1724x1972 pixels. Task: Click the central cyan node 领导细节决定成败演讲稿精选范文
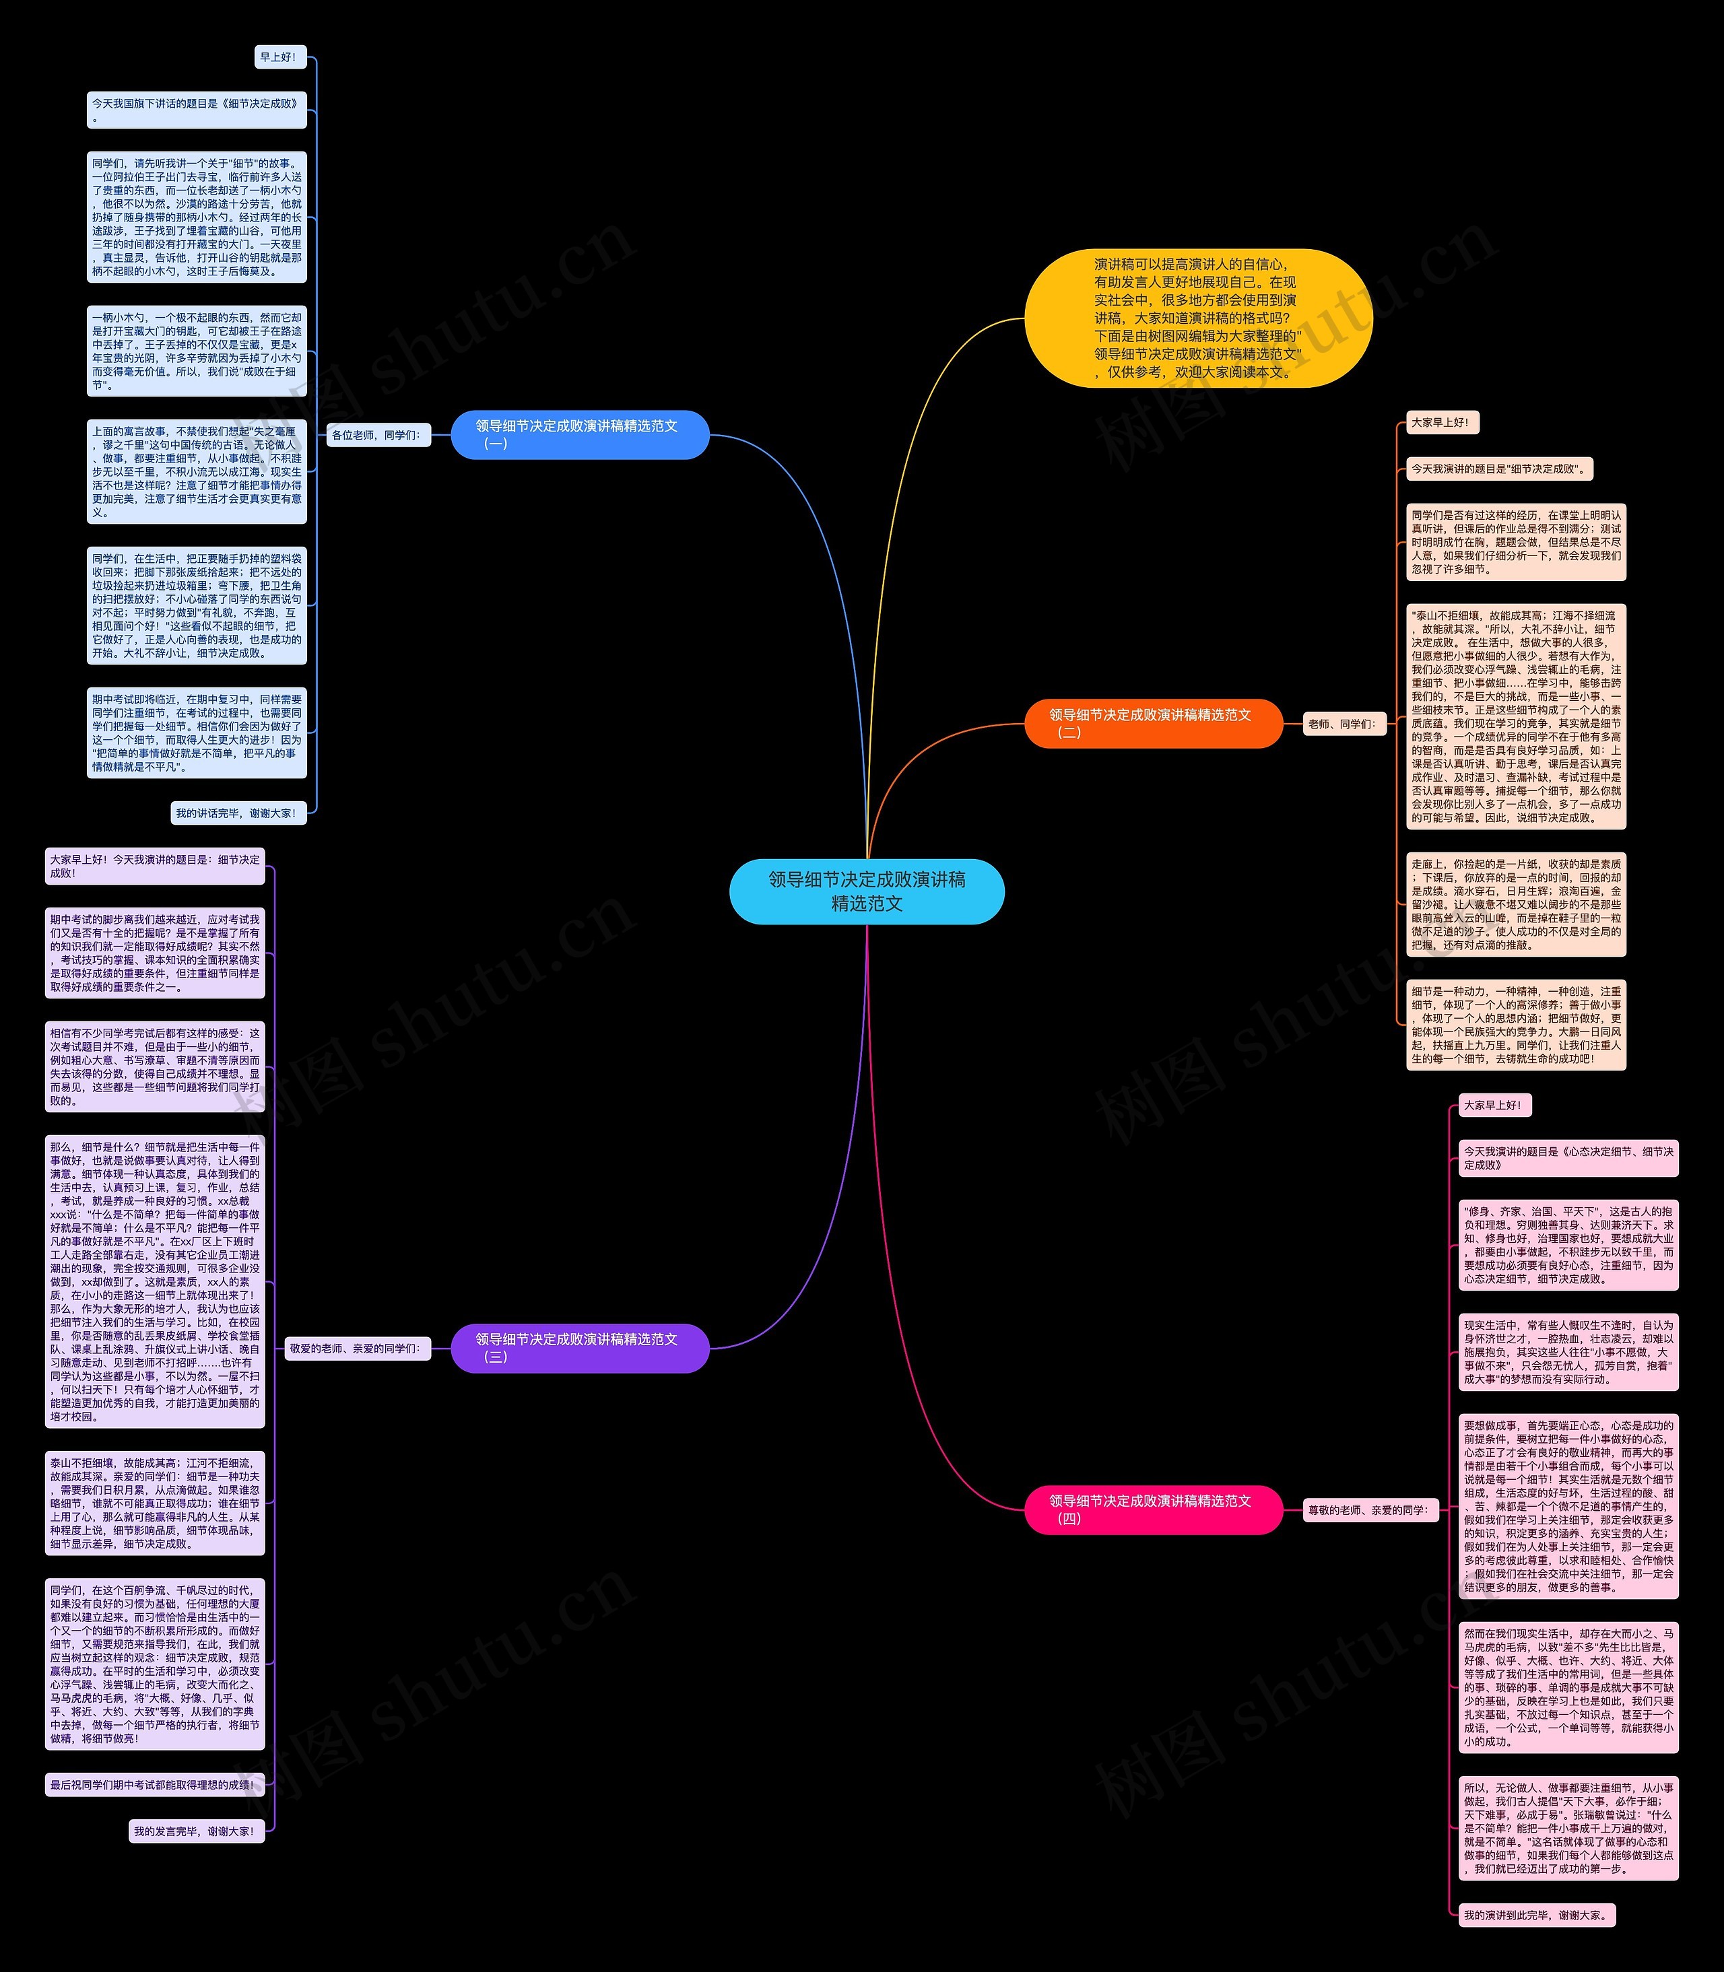click(x=867, y=891)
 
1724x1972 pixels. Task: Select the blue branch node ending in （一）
click(x=579, y=435)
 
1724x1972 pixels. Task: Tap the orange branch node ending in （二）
click(x=1152, y=723)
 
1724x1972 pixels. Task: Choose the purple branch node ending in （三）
click(x=579, y=1348)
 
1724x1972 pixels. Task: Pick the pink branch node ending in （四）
click(x=1152, y=1509)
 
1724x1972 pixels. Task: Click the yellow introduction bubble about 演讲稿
click(x=1198, y=318)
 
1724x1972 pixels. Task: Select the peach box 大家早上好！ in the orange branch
click(x=1440, y=422)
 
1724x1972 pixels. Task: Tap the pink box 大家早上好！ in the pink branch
click(x=1493, y=1106)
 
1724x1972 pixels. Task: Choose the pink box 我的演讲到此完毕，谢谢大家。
click(x=1536, y=1915)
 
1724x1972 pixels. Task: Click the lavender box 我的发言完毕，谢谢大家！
click(x=196, y=1831)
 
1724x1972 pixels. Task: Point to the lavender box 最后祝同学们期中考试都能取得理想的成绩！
click(x=154, y=1784)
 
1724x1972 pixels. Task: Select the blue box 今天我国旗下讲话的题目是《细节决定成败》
click(x=196, y=110)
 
